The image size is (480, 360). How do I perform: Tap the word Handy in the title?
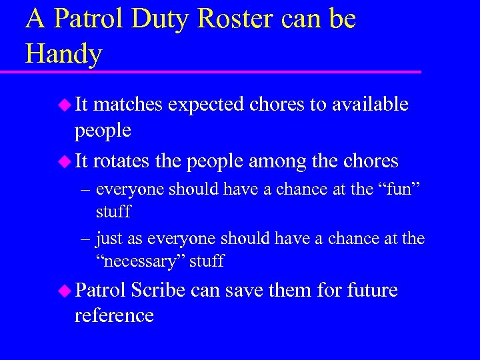pyautogui.click(x=63, y=53)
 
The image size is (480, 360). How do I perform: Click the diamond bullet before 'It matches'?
pyautogui.click(x=65, y=104)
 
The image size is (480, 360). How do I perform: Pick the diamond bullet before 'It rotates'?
pyautogui.click(x=65, y=161)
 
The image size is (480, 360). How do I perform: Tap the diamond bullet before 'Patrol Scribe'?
pyautogui.click(x=65, y=291)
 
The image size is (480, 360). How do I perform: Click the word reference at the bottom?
pyautogui.click(x=114, y=315)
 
